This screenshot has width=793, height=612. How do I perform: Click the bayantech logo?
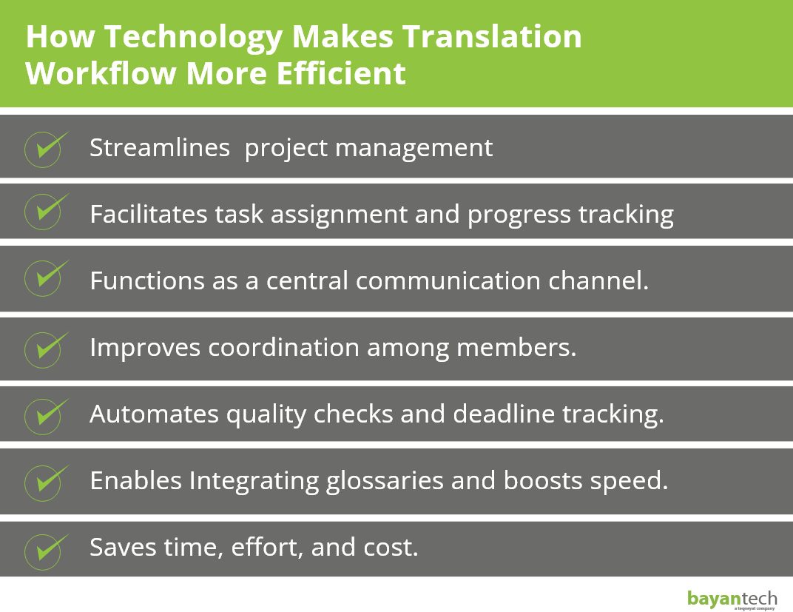point(732,598)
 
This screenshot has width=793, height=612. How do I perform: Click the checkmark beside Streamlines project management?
point(45,148)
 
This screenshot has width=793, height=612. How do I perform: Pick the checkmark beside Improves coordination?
point(45,347)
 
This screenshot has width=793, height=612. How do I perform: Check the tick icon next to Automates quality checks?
point(45,414)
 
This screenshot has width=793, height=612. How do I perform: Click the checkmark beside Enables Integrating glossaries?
point(45,480)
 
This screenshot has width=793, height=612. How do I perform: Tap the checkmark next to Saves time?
point(45,548)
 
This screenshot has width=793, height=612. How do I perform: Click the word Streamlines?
point(160,148)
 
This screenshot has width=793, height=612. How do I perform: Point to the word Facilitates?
point(149,215)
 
